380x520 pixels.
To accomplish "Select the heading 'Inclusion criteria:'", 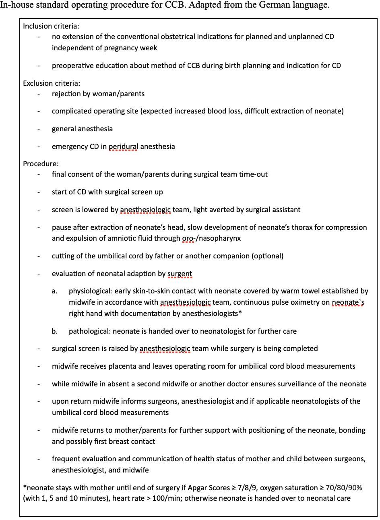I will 50,26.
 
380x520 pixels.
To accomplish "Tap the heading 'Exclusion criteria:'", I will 52,83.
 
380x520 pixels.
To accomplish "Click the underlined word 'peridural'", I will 123,147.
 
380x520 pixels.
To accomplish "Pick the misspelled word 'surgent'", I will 180,274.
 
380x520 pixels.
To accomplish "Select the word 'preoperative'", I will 71,66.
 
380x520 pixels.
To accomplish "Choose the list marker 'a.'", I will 54,291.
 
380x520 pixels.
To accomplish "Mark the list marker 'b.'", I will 54,331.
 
